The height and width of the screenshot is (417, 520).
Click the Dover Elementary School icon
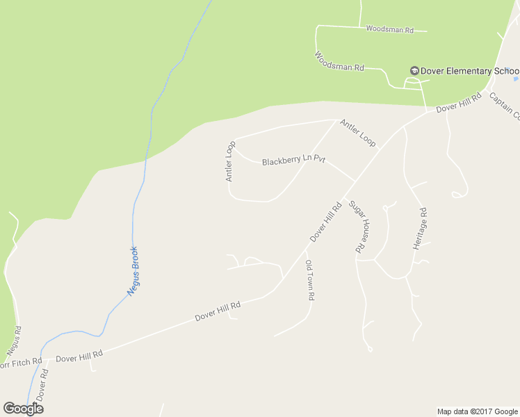pyautogui.click(x=414, y=71)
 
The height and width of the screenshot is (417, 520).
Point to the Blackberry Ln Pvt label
pyautogui.click(x=293, y=160)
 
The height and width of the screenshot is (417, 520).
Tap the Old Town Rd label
pyautogui.click(x=310, y=279)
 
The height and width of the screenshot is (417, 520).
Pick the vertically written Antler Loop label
pyautogui.click(x=230, y=161)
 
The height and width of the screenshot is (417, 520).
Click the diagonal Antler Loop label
pyautogui.click(x=357, y=133)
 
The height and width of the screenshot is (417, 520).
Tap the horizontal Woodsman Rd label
pyautogui.click(x=389, y=31)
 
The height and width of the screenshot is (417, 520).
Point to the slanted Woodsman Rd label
pyautogui.click(x=339, y=62)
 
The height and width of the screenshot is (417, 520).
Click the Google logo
pyautogui.click(x=23, y=409)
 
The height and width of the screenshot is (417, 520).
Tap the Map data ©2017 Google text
pyautogui.click(x=477, y=411)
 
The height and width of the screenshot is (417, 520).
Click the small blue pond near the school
pyautogui.click(x=515, y=71)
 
